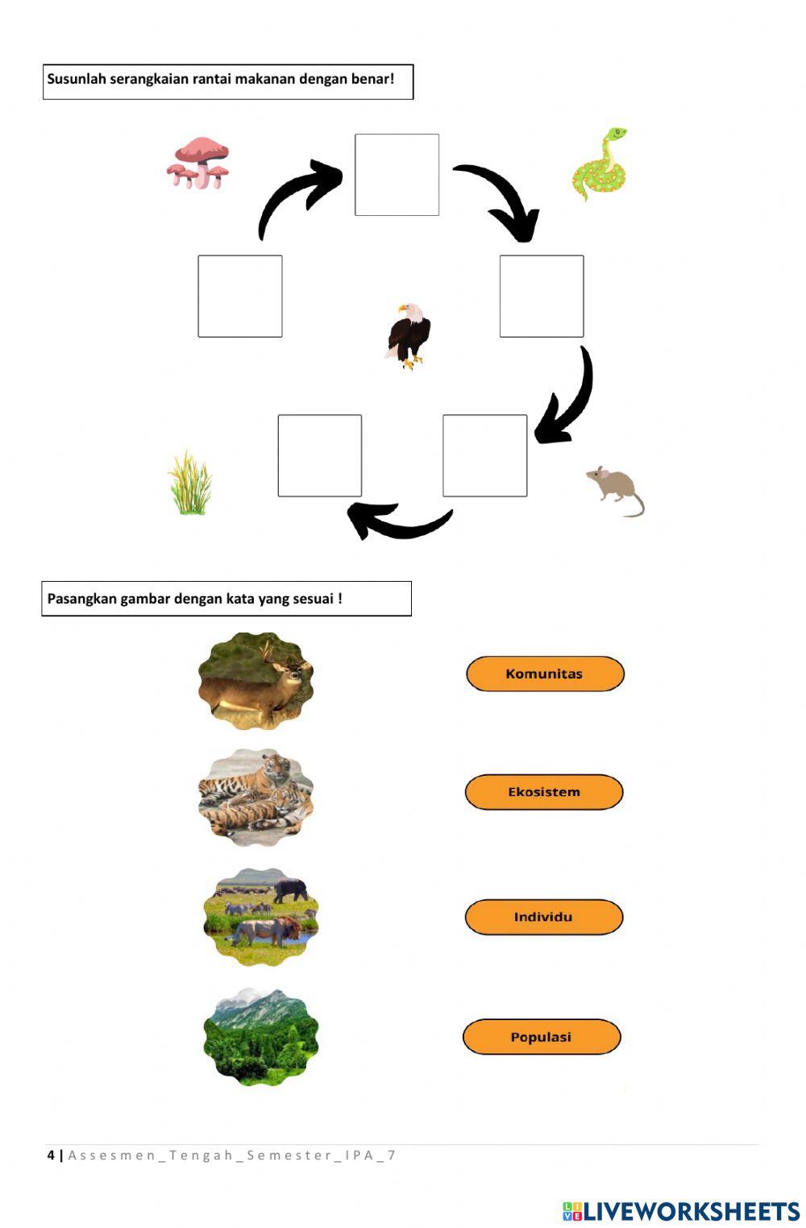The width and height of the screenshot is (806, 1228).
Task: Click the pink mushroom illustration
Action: (x=198, y=163)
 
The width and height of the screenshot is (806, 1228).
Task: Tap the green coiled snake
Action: (x=600, y=164)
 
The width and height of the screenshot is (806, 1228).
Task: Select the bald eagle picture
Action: (x=408, y=336)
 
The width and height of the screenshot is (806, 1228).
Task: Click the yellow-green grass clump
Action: (x=190, y=483)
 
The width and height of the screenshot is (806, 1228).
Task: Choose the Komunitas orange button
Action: (x=545, y=674)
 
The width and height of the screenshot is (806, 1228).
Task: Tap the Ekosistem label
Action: (x=544, y=792)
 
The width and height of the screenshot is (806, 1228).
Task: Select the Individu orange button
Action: (x=544, y=917)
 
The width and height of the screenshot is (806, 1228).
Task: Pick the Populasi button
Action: (x=542, y=1037)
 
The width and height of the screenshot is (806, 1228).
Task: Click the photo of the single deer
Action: (x=256, y=682)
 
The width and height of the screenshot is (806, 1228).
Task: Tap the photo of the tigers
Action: (x=256, y=797)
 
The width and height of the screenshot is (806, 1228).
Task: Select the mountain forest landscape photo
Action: (x=261, y=1036)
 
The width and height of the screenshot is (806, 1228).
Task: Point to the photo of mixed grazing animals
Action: (x=261, y=916)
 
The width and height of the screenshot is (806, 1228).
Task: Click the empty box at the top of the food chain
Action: (x=397, y=175)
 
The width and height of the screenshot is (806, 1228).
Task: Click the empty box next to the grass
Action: (x=320, y=455)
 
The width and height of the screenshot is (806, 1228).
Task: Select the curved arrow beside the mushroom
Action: (x=297, y=197)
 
